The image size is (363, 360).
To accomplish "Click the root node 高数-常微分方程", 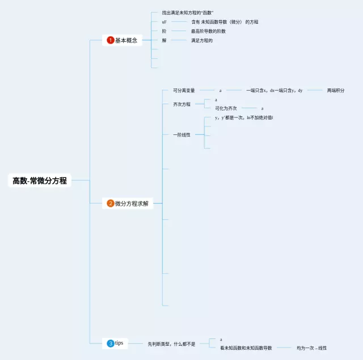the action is (40, 181).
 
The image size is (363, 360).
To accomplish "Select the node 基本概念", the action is (126, 40).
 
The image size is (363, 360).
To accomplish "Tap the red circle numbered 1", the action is (111, 40).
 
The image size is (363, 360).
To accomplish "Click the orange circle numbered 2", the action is (111, 204).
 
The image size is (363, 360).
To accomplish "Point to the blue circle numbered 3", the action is (111, 343).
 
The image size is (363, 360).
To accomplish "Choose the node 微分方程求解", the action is (132, 204).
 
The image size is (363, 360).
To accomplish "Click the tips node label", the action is (119, 343).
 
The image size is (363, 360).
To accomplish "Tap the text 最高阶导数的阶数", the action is (208, 31).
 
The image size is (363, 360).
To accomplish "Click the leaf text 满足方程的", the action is (201, 40).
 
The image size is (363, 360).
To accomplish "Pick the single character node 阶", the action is (164, 31).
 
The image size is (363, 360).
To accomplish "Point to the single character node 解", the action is (164, 40).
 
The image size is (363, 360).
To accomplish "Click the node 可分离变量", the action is (184, 90).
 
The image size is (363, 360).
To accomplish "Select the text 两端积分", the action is (336, 90).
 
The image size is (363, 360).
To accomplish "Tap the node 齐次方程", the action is (181, 104).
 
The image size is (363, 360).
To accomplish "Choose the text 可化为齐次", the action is (226, 108).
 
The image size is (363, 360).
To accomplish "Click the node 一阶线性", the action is (181, 134).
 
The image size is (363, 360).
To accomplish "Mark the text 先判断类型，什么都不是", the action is (171, 344).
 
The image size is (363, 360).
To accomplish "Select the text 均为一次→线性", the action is (311, 348).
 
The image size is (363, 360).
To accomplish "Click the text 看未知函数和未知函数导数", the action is (246, 348).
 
